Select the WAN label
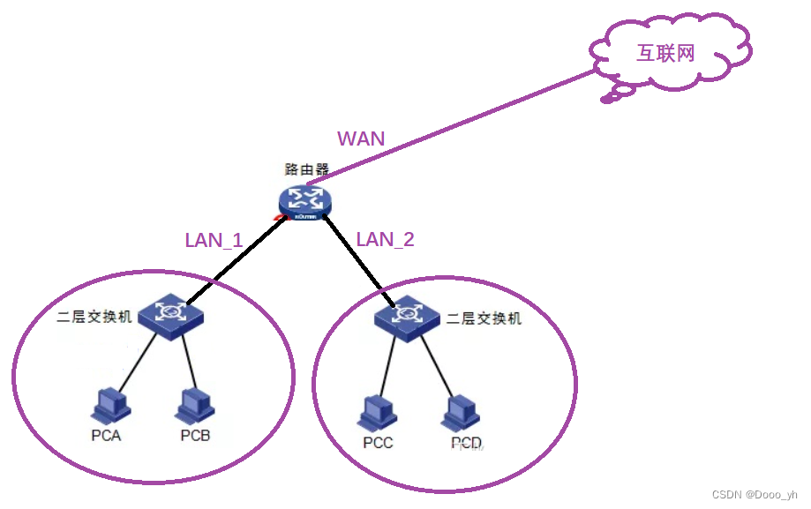pos(361,138)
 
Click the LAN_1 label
pos(214,240)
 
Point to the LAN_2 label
pos(385,239)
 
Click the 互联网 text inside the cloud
pos(666,53)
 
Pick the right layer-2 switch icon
pos(408,316)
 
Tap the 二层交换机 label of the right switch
pos(484,318)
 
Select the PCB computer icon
pos(194,406)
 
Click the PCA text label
pos(106,436)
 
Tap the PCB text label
pos(195,436)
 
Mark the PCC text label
pos(378,443)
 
